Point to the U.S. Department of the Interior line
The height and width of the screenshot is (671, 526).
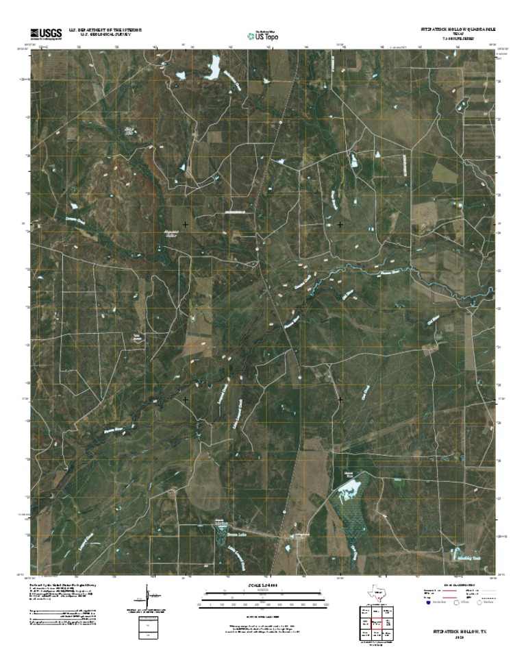105,29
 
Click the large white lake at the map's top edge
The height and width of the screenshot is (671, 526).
214,66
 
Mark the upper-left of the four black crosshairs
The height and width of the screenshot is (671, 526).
185,224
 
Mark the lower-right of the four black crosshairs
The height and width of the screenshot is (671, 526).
340,398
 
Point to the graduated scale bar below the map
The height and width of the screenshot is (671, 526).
263,603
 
